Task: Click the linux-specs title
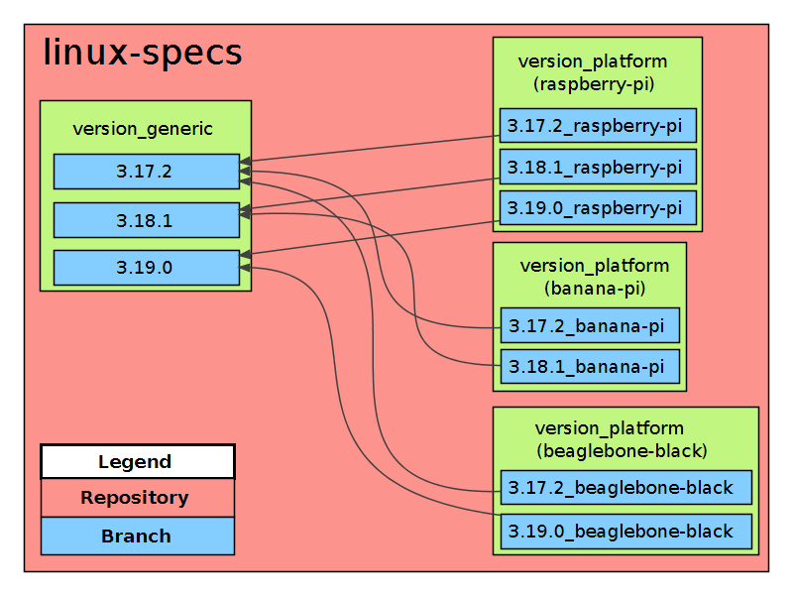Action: pos(143,53)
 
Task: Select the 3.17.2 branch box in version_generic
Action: pos(147,172)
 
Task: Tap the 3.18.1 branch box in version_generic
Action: pos(147,220)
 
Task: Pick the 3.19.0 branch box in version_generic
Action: pos(147,267)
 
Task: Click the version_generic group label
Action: pos(143,129)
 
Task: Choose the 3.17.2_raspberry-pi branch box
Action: pos(598,125)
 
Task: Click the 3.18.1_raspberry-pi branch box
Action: pos(598,167)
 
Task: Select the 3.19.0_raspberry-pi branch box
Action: pos(598,208)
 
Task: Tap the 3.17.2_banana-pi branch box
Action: pos(590,325)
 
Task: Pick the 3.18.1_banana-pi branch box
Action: pos(590,366)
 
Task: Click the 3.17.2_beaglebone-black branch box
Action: pos(626,488)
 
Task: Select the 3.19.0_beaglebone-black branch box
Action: pos(626,532)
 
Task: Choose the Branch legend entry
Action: pos(138,536)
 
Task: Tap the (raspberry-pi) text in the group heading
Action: pos(594,84)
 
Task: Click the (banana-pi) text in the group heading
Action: pos(595,289)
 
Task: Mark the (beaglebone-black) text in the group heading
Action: pos(622,450)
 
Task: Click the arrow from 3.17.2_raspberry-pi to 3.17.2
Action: pos(370,149)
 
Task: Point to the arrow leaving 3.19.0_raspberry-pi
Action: pos(370,238)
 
